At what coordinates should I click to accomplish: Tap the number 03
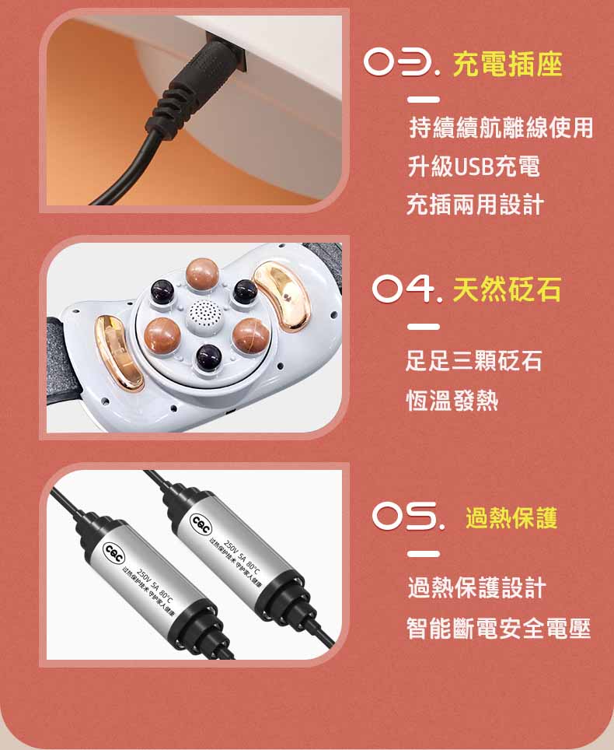tap(403, 65)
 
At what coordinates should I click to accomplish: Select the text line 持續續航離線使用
tap(501, 128)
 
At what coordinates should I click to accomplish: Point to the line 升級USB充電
tap(473, 166)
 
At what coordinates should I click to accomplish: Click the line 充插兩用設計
tap(475, 204)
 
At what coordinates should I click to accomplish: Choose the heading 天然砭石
tap(506, 291)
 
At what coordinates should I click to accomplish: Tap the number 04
tap(401, 292)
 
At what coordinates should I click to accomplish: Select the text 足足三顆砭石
tap(474, 361)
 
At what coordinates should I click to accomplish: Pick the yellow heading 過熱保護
tap(511, 517)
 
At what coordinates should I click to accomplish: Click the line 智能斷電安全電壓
tap(499, 628)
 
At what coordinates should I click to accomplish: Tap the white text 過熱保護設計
tap(476, 588)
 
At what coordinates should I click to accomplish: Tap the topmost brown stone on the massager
tap(204, 275)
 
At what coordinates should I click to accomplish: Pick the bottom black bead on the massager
tap(208, 359)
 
